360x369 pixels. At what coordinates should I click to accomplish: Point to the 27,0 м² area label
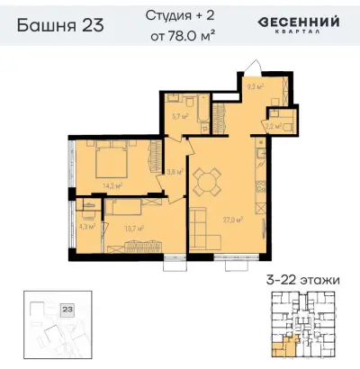(233, 219)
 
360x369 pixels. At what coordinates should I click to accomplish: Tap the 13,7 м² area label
(136, 228)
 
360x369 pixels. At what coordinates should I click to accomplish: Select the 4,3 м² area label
(85, 227)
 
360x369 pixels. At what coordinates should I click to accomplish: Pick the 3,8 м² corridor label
(175, 171)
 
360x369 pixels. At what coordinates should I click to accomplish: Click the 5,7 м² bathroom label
(178, 116)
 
